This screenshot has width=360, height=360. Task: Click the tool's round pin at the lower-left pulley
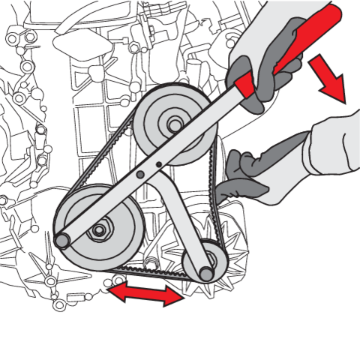pos(63,241)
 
